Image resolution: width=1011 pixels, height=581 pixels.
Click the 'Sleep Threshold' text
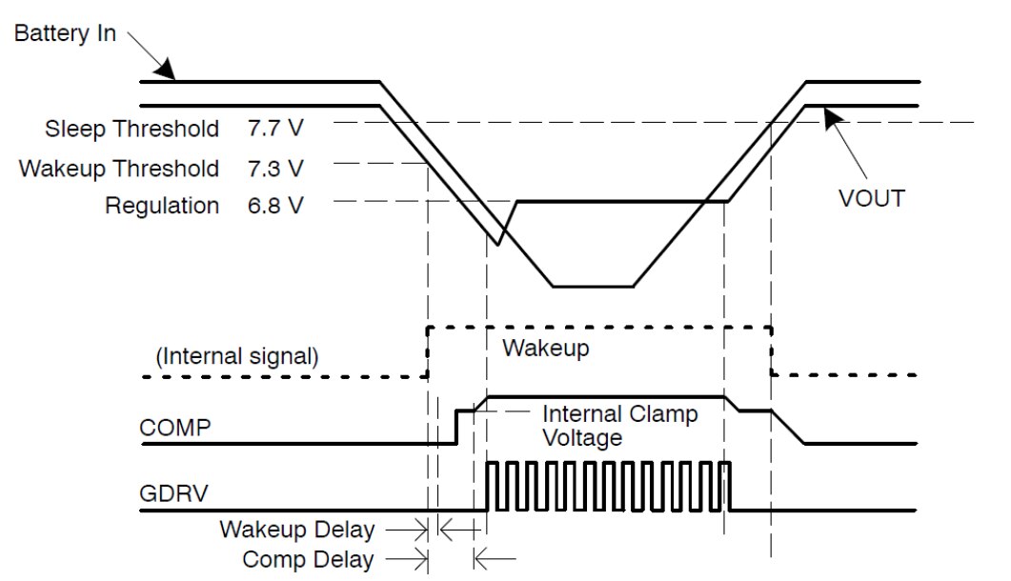[x=131, y=128]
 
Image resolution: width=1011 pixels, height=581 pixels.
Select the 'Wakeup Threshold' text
[x=119, y=169]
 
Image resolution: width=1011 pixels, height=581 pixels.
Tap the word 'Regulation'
[x=162, y=206]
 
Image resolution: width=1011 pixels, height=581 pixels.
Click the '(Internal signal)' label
[x=237, y=357]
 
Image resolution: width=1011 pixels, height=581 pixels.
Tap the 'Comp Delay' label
[x=309, y=560]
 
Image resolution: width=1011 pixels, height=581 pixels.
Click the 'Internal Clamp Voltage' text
[x=619, y=427]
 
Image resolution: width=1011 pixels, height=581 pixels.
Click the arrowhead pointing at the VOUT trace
[x=828, y=113]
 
